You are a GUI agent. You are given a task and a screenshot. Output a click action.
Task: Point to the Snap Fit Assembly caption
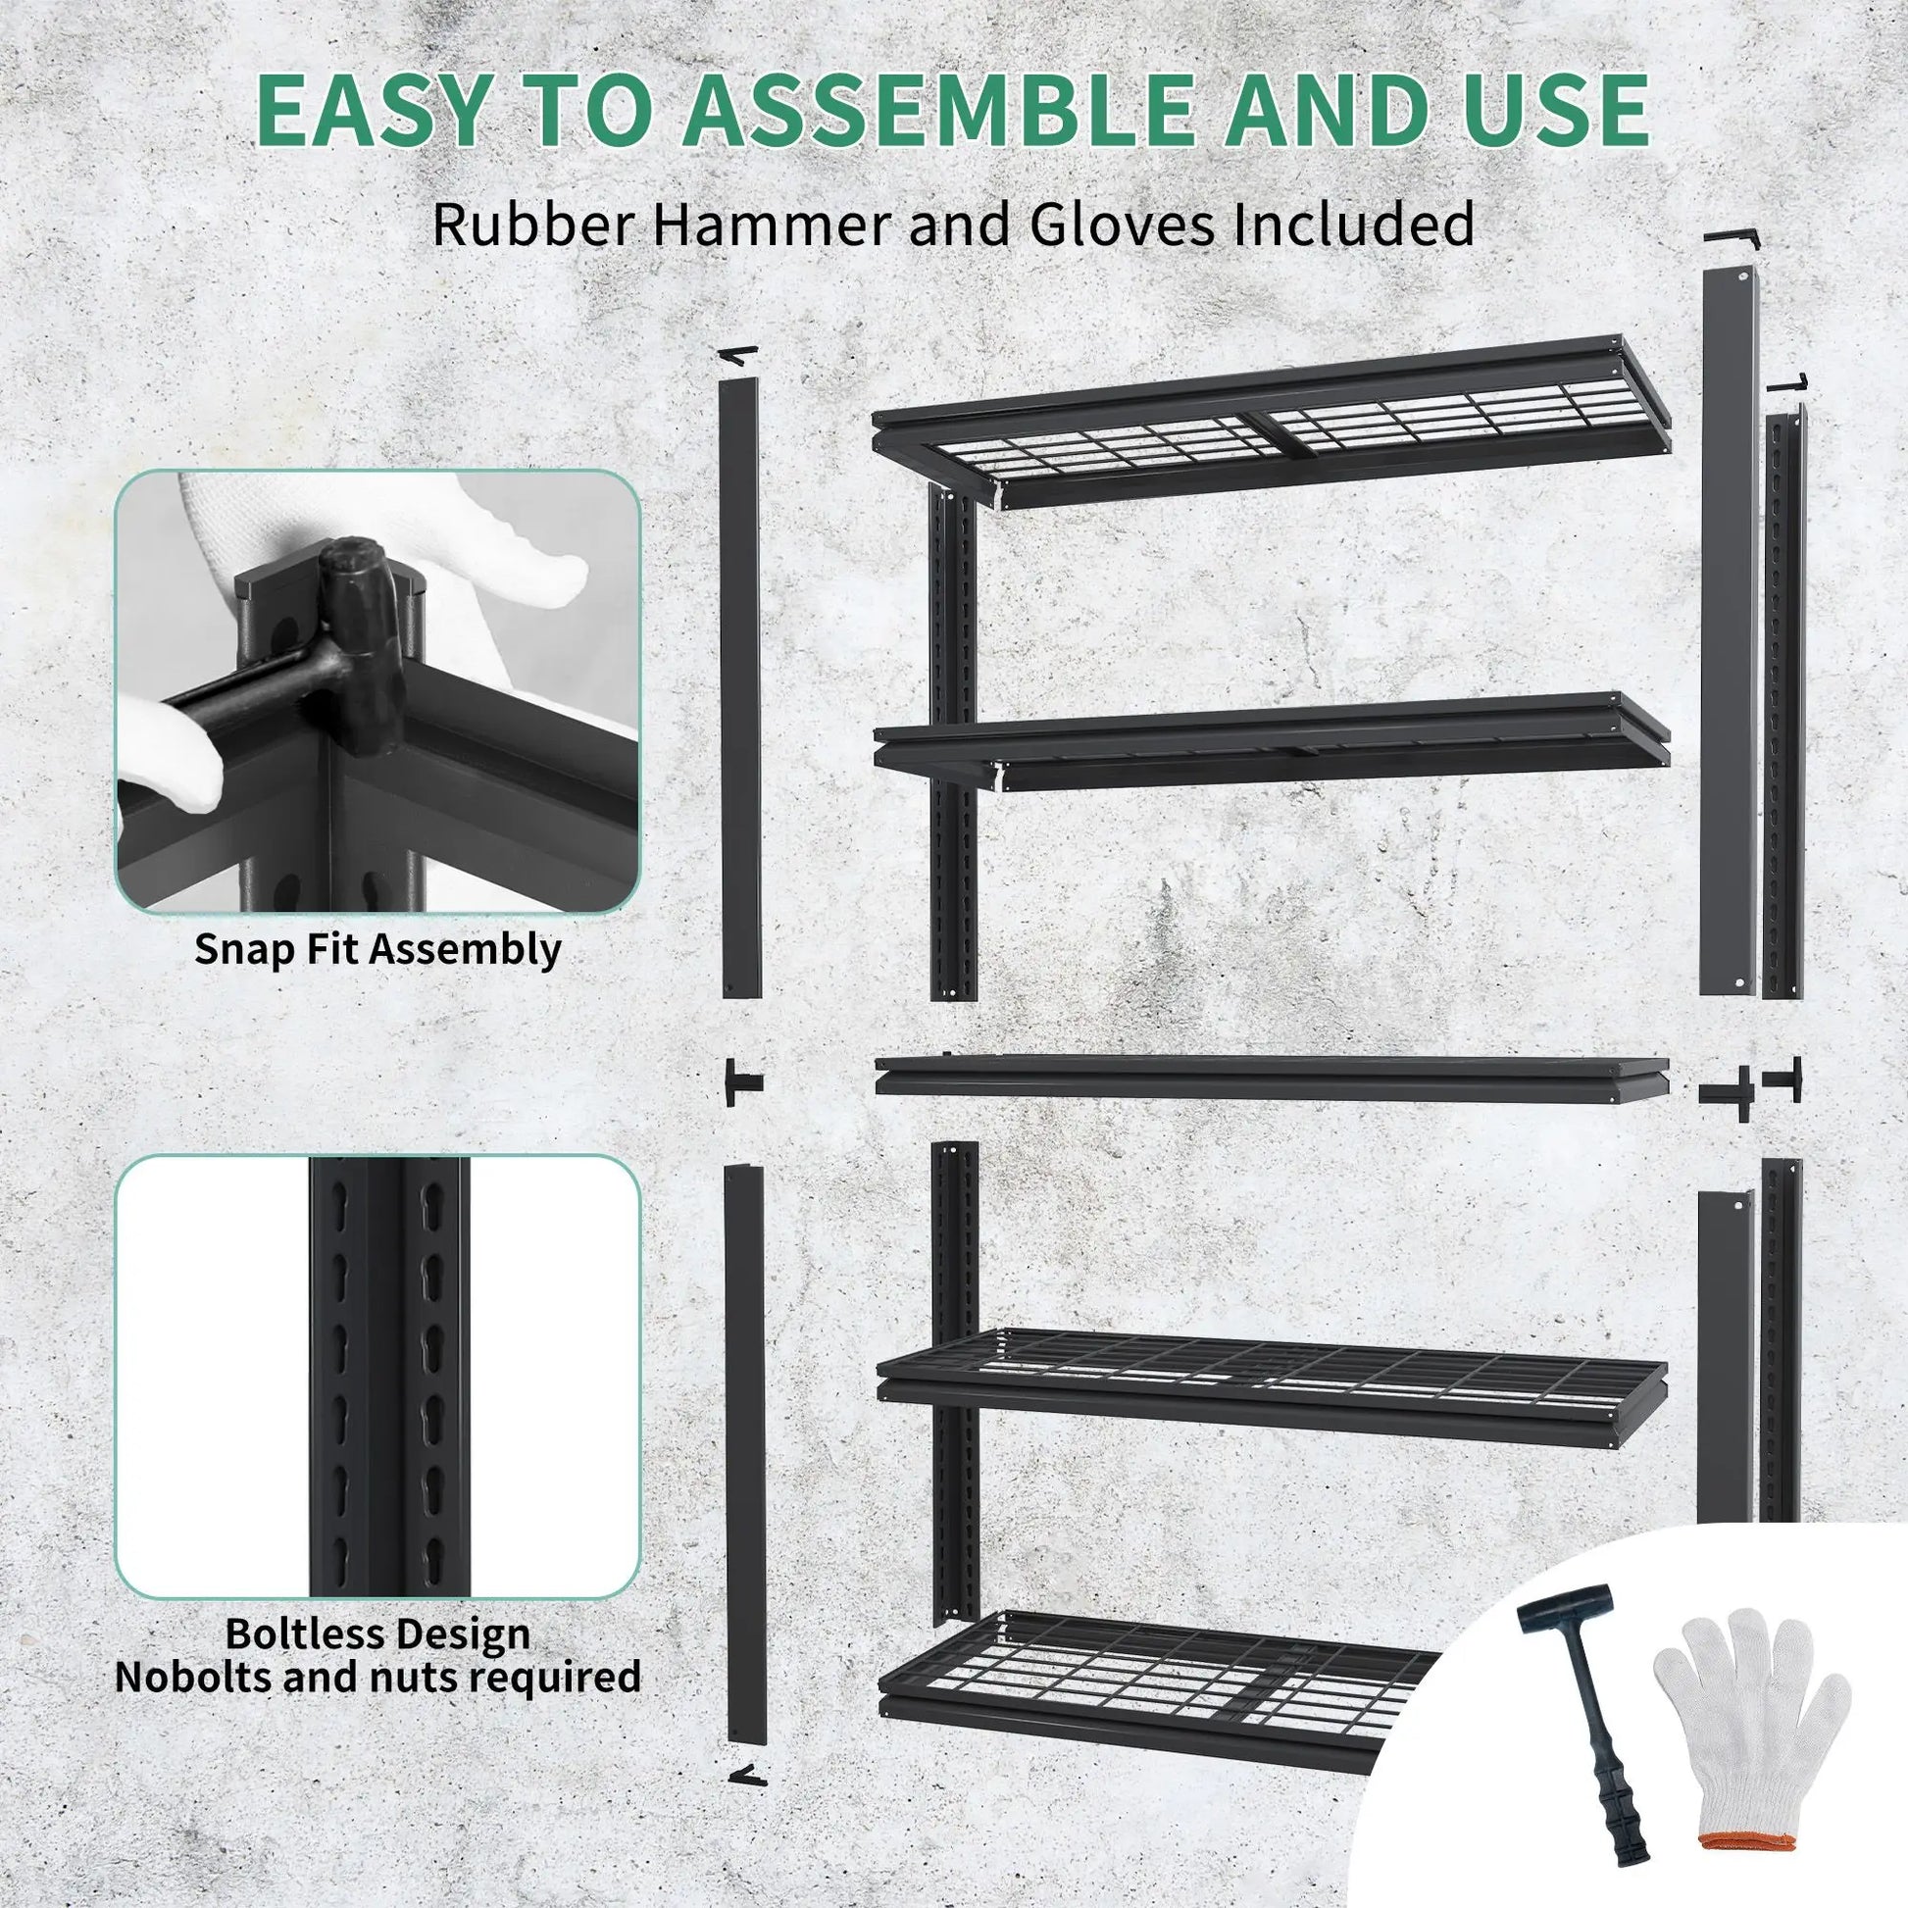point(377,948)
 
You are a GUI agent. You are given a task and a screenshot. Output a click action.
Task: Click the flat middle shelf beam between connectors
point(1272,1079)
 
